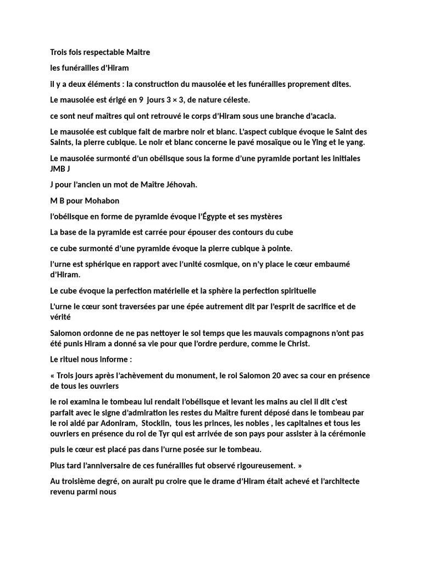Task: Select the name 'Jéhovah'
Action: [x=179, y=185]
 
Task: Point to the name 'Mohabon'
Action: [x=101, y=201]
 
